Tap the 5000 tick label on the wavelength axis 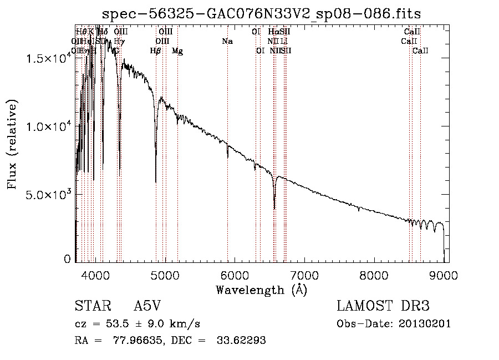pos(165,275)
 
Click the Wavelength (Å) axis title pos(261,290)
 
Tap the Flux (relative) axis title pos(12,144)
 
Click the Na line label pos(227,42)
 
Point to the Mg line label pos(177,51)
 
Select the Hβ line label pos(156,51)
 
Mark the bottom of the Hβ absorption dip pos(156,181)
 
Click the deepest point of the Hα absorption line pos(274,209)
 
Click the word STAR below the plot pos(89,306)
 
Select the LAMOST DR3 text pos(383,306)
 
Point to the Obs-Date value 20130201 pos(427,324)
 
